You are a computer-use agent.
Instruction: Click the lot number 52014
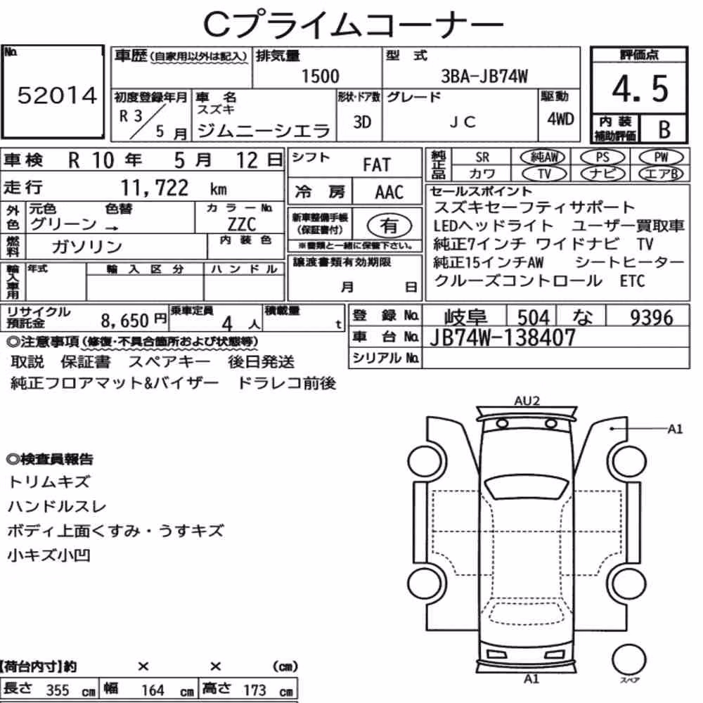tap(57, 96)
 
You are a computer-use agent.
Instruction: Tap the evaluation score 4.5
tap(640, 89)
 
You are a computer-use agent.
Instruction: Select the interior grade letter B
tap(664, 129)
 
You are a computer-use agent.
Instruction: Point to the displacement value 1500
tap(320, 76)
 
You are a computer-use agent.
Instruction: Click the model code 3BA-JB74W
tap(484, 77)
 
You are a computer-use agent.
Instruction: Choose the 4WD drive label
tap(560, 119)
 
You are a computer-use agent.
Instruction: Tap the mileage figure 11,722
tap(155, 188)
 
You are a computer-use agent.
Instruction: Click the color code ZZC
tap(242, 224)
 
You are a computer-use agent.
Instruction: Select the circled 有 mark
tap(389, 225)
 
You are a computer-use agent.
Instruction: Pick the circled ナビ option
tap(602, 174)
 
